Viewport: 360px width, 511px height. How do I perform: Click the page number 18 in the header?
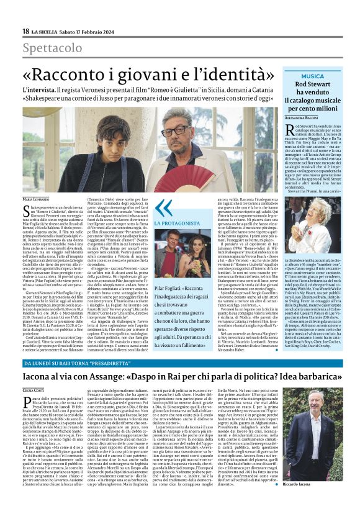coord(25,31)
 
